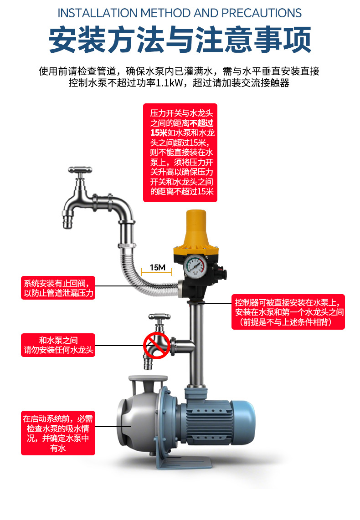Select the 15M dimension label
(157, 267)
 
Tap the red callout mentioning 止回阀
(58, 288)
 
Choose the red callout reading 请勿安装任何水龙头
(58, 345)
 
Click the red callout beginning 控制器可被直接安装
(288, 312)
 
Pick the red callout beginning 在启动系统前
(58, 433)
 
